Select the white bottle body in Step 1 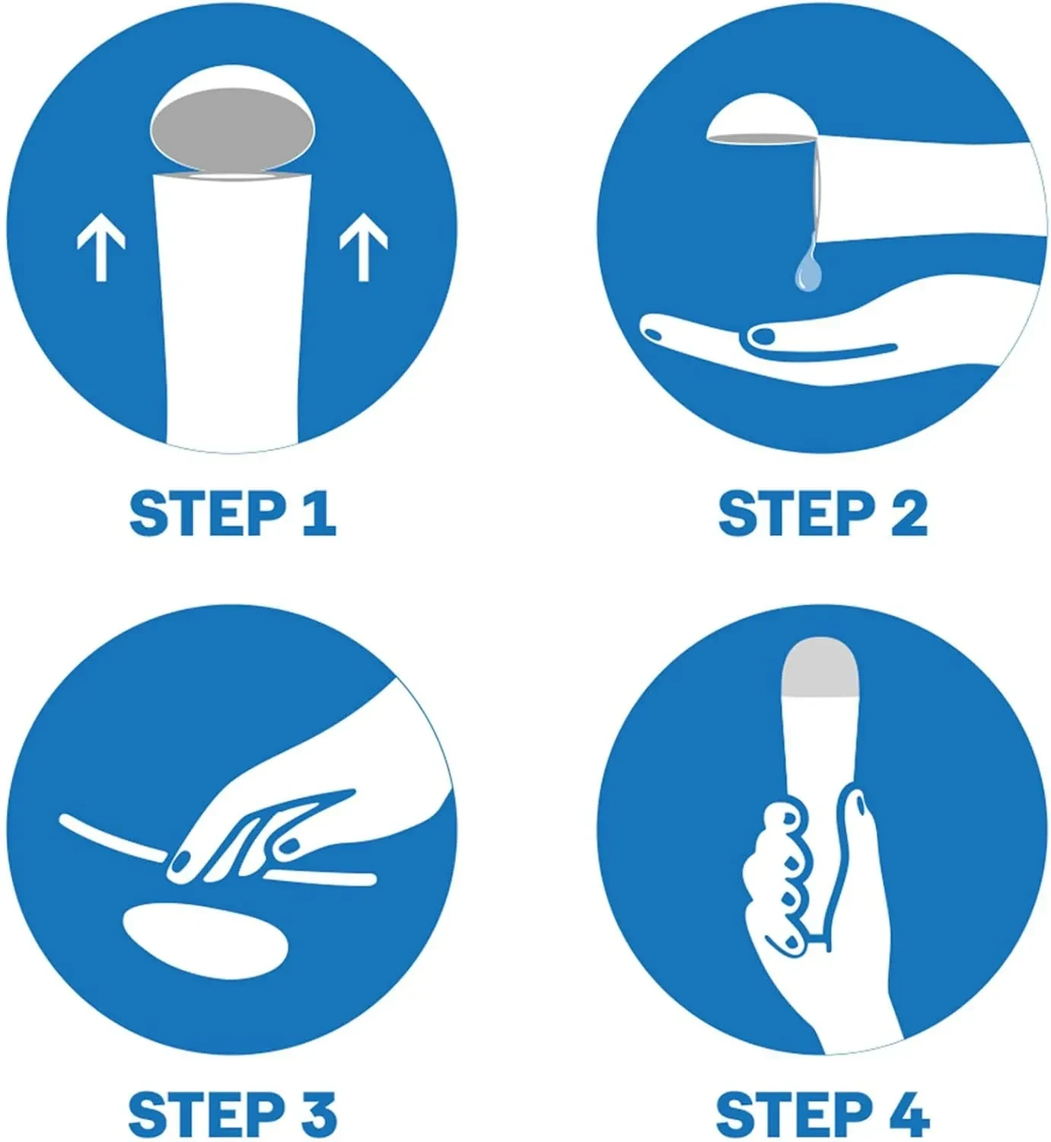tap(232, 311)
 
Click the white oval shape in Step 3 tap(206, 942)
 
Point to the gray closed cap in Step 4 tap(820, 668)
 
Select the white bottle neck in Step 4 tap(820, 758)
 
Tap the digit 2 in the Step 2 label tap(909, 513)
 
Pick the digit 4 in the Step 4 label tap(909, 1114)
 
